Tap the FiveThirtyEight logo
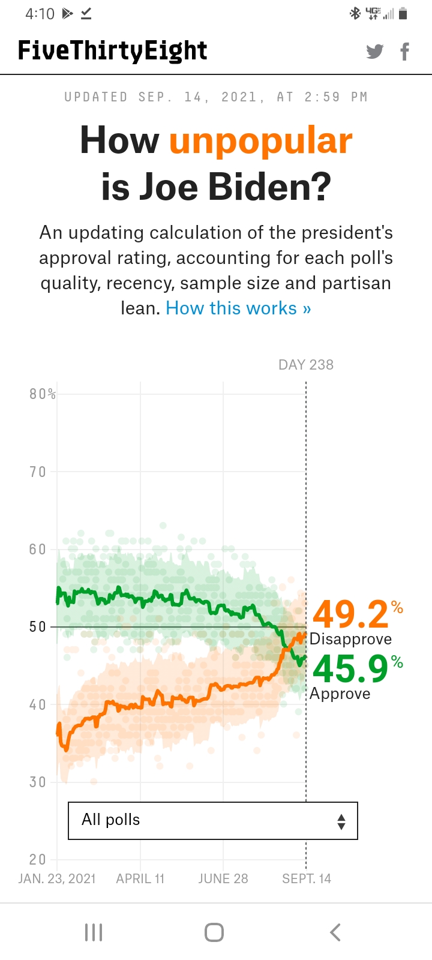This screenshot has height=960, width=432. pyautogui.click(x=113, y=51)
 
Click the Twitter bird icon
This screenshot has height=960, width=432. pyautogui.click(x=375, y=52)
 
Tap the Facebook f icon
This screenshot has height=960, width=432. pyautogui.click(x=405, y=52)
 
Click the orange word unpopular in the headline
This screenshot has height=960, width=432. pyautogui.click(x=260, y=141)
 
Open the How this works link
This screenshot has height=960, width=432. pyautogui.click(x=238, y=308)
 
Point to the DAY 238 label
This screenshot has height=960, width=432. pyautogui.click(x=306, y=365)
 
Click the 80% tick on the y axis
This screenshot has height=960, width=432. pyautogui.click(x=42, y=394)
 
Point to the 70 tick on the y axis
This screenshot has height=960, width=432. pyautogui.click(x=38, y=472)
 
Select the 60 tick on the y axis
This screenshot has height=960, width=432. pyautogui.click(x=38, y=550)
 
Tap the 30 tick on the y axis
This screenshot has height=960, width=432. pyautogui.click(x=38, y=782)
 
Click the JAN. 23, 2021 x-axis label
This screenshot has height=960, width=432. pyautogui.click(x=57, y=879)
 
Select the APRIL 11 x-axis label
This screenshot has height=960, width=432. pyautogui.click(x=140, y=879)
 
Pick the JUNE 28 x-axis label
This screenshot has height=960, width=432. pyautogui.click(x=223, y=879)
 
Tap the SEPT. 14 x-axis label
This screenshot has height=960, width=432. pyautogui.click(x=307, y=879)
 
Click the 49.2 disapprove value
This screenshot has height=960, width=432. pyautogui.click(x=351, y=614)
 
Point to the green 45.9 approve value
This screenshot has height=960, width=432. pyautogui.click(x=351, y=669)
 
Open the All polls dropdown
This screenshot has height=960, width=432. pyautogui.click(x=213, y=820)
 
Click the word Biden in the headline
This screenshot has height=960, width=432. pyautogui.click(x=269, y=187)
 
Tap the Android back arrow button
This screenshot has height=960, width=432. pyautogui.click(x=335, y=932)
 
